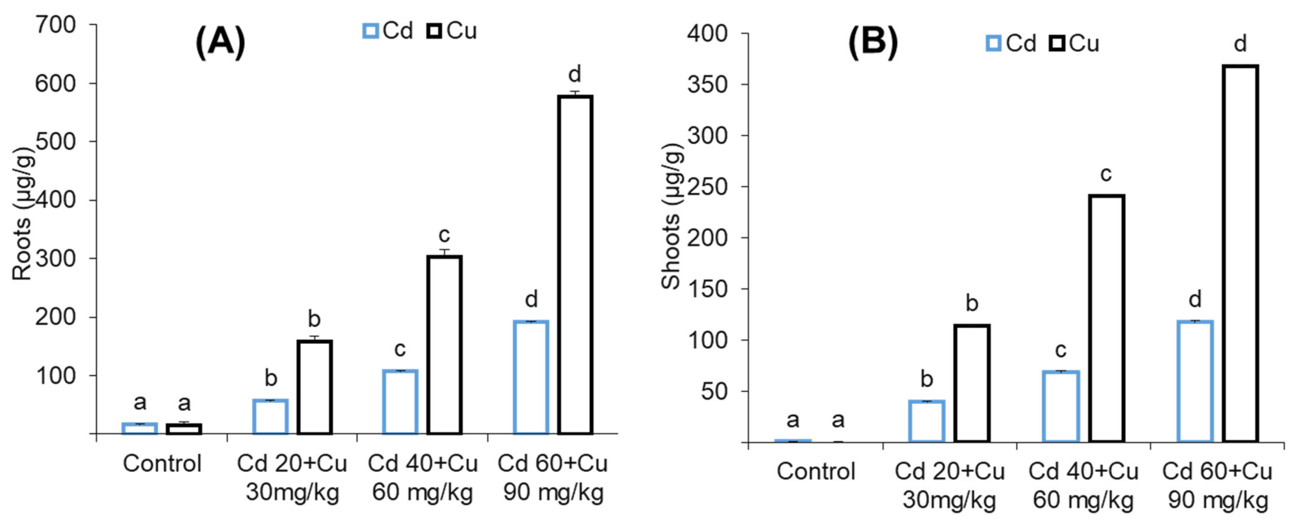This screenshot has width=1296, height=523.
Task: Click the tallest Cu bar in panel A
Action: pyautogui.click(x=575, y=264)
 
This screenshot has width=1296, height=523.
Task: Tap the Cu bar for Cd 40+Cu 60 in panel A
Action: pyautogui.click(x=444, y=345)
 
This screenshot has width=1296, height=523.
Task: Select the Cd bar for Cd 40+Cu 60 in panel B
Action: pyautogui.click(x=1060, y=406)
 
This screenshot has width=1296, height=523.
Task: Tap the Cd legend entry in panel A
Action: pyautogui.click(x=388, y=31)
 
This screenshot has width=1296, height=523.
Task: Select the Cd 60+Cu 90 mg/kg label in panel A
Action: pyautogui.click(x=553, y=477)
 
